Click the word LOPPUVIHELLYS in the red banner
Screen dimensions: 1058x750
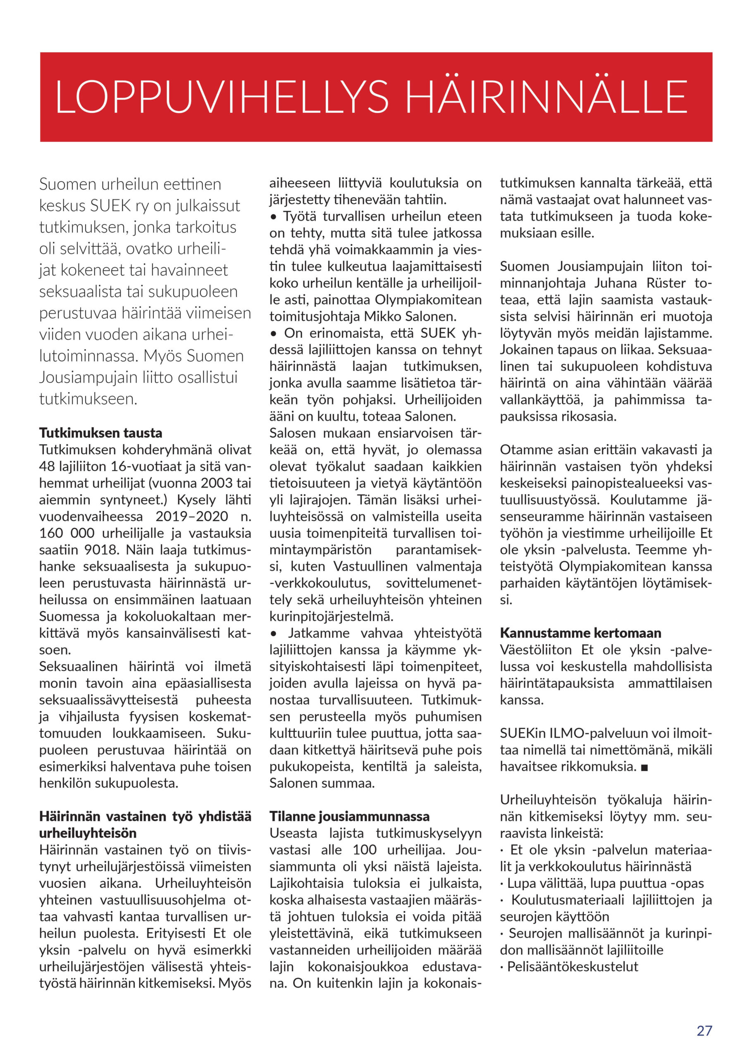[222, 97]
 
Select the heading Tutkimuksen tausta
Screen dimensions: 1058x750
[101, 433]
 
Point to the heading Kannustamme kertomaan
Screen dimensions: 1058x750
[580, 633]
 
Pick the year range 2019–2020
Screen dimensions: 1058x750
[192, 516]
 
